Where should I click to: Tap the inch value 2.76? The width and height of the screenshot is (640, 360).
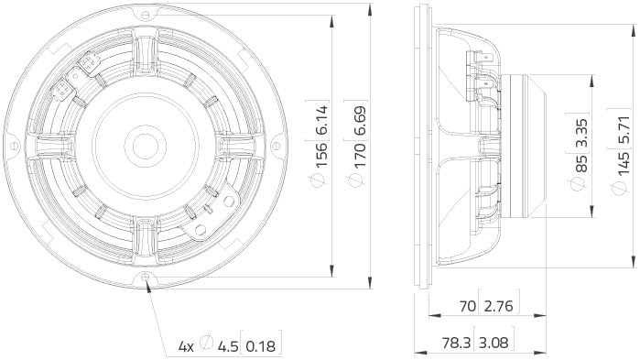click(x=499, y=307)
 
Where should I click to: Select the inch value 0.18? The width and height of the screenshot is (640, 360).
click(x=261, y=346)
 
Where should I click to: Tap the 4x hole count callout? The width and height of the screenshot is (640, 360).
click(x=186, y=346)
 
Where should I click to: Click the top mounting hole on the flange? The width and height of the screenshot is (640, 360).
click(x=146, y=15)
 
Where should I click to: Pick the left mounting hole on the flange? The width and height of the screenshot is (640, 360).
click(x=14, y=146)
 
